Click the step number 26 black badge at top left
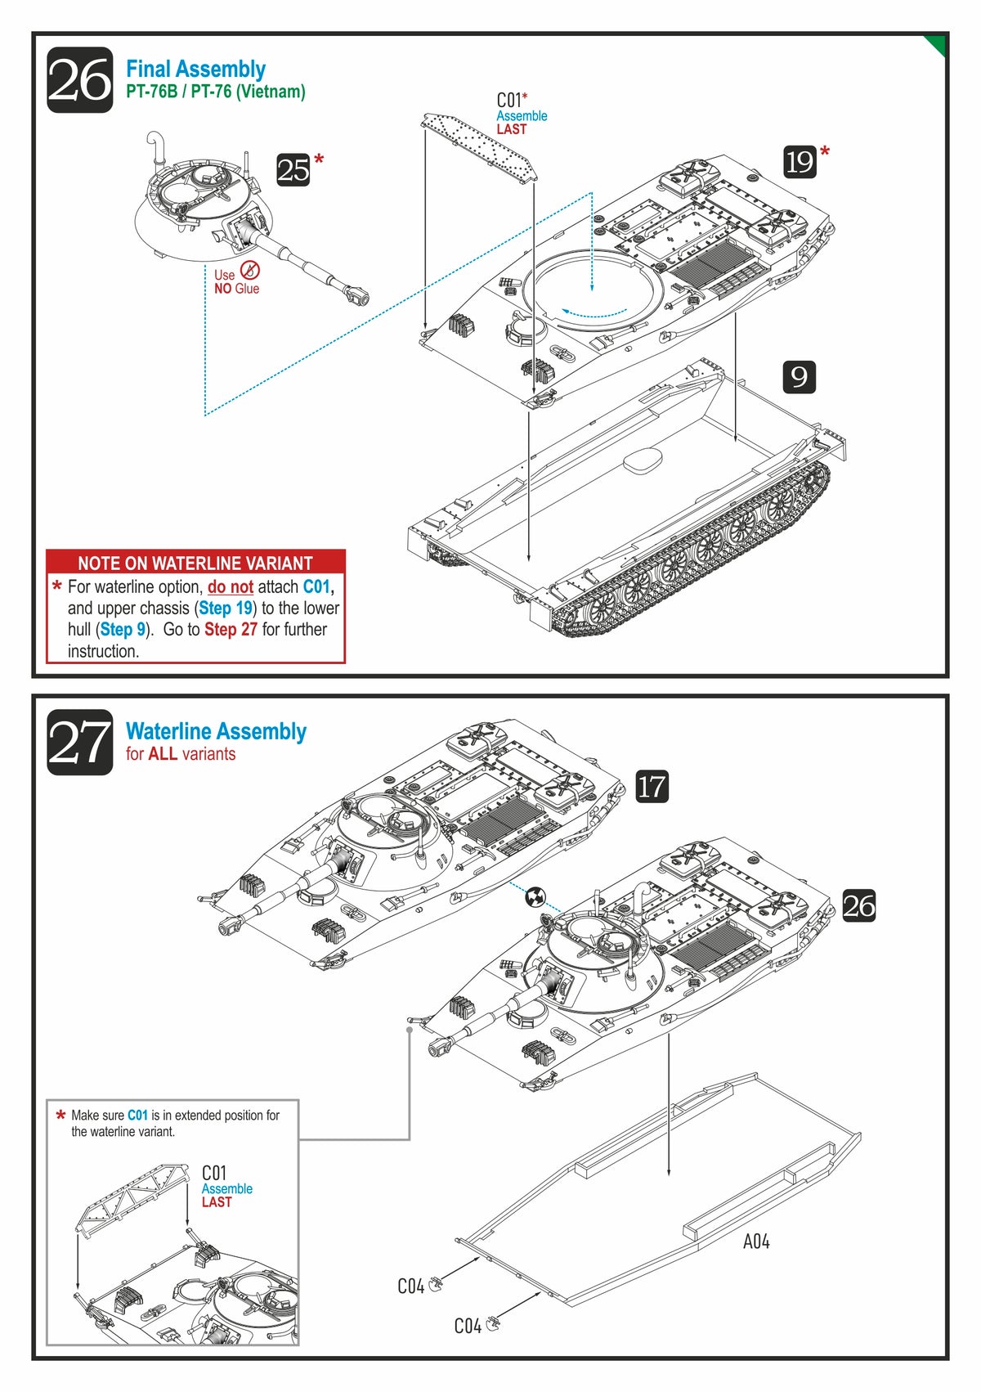pos(79,80)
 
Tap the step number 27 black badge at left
pos(79,743)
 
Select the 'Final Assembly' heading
pos(195,70)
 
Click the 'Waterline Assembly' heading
pos(216,731)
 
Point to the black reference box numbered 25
pos(293,170)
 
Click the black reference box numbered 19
pos(800,162)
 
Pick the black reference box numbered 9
pos(800,377)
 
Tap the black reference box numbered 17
pos(652,787)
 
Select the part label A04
pos(756,1242)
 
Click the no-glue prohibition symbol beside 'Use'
pos(250,271)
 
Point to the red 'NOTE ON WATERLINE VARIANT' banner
pos(195,563)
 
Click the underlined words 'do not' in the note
pos(230,587)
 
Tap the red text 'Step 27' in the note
pos(231,630)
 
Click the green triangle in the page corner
pos(937,43)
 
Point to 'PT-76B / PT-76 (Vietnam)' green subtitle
pos(216,92)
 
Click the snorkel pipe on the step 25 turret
pos(156,147)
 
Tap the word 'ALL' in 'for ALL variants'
pos(163,754)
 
